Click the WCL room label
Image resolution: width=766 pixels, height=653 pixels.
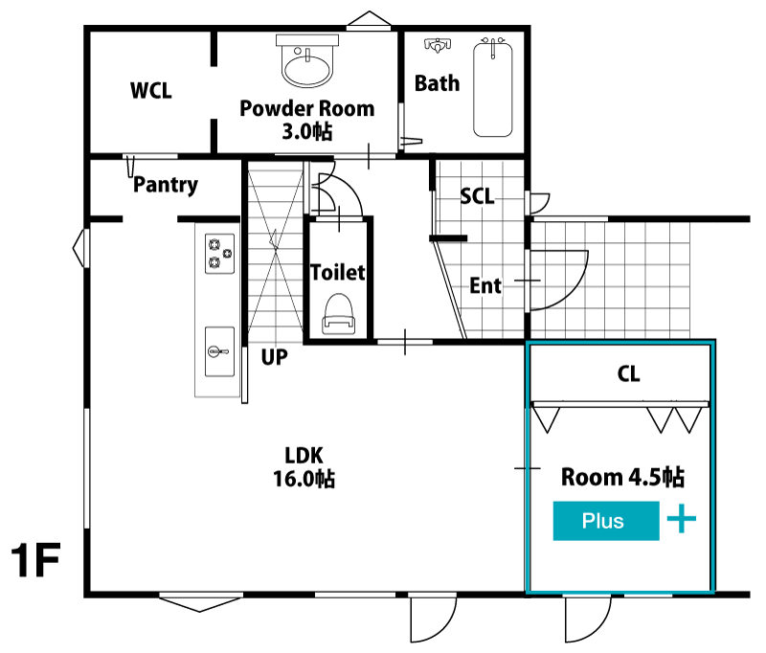(x=151, y=91)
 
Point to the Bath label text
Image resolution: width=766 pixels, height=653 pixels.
(x=437, y=83)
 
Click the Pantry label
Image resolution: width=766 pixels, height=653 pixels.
(x=166, y=185)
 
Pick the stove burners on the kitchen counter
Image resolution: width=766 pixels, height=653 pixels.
(x=219, y=252)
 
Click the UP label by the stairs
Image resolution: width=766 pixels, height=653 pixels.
(x=275, y=358)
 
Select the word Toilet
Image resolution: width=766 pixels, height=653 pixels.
(x=337, y=272)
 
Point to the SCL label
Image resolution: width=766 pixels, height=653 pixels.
(x=477, y=196)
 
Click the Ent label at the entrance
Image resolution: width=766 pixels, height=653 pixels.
(x=485, y=285)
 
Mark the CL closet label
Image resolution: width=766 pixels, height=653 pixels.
(x=628, y=374)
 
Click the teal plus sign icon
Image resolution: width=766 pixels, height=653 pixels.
(x=681, y=521)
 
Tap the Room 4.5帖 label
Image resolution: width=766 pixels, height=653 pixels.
(x=621, y=477)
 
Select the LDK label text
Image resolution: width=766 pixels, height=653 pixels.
(x=304, y=455)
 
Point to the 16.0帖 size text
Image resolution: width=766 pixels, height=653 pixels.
(x=304, y=479)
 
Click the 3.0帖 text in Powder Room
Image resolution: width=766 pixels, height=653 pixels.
(x=306, y=132)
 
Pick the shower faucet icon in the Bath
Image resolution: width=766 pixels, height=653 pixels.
(x=437, y=45)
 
